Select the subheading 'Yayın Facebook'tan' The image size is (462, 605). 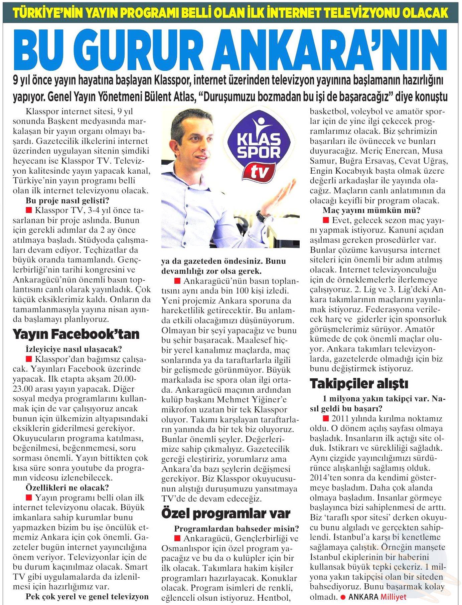pyautogui.click(x=76, y=334)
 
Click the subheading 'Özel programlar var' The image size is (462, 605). pyautogui.click(x=226, y=513)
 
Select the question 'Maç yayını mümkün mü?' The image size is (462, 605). pyautogui.click(x=371, y=210)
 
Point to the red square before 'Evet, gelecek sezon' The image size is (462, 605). pyautogui.click(x=326, y=220)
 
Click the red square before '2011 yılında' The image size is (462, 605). pyautogui.click(x=326, y=419)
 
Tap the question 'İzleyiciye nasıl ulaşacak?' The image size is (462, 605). pyautogui.click(x=74, y=349)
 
